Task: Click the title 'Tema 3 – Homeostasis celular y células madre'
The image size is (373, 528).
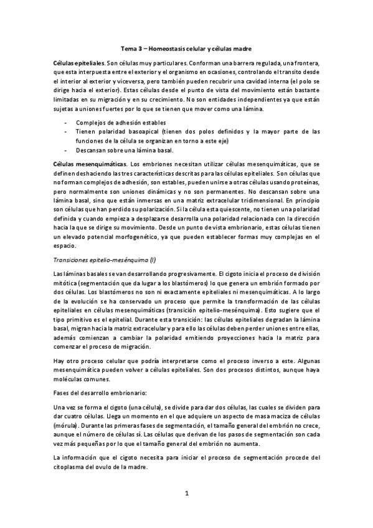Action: [x=186, y=48]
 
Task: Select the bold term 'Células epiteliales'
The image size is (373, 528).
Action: [x=79, y=64]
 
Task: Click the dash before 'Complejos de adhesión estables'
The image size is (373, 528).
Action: [x=65, y=122]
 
